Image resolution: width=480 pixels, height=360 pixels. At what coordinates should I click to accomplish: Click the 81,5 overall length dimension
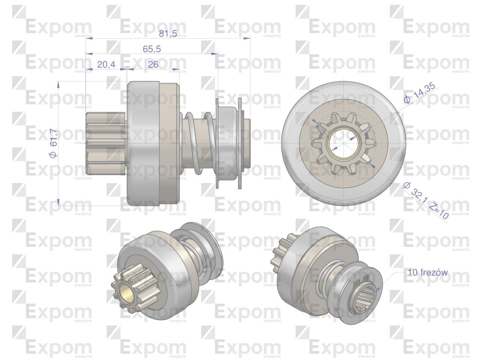[168, 33]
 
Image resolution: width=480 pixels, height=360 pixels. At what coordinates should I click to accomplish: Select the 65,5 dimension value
[152, 49]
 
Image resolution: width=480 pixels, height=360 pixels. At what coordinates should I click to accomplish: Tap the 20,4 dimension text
[106, 64]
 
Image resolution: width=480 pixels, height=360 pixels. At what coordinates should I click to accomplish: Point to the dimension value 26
[153, 64]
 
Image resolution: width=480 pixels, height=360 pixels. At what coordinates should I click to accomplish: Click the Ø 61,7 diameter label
[53, 143]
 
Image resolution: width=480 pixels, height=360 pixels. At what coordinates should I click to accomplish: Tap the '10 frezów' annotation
[428, 272]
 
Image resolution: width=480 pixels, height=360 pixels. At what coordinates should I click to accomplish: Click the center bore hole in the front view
[343, 143]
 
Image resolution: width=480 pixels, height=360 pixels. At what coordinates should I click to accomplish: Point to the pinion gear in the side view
[105, 143]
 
